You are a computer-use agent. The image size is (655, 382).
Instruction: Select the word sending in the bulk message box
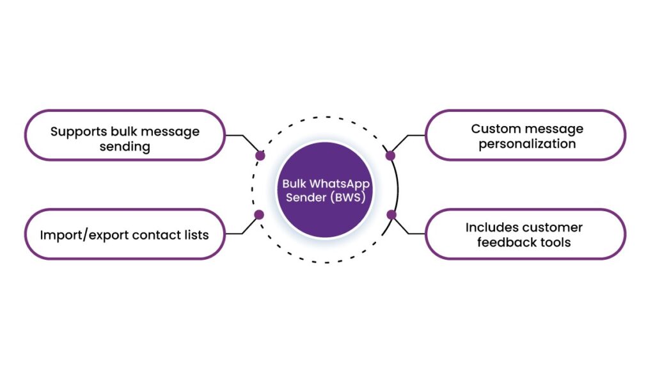125,147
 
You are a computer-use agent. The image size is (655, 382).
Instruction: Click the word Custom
495,129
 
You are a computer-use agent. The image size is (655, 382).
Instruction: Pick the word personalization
527,144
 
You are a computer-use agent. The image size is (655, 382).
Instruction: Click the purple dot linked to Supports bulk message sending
260,155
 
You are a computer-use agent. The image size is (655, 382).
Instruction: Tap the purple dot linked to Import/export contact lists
259,215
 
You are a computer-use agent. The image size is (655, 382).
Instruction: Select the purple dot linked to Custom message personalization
390,155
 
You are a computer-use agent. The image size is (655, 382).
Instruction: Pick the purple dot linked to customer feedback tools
391,215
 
